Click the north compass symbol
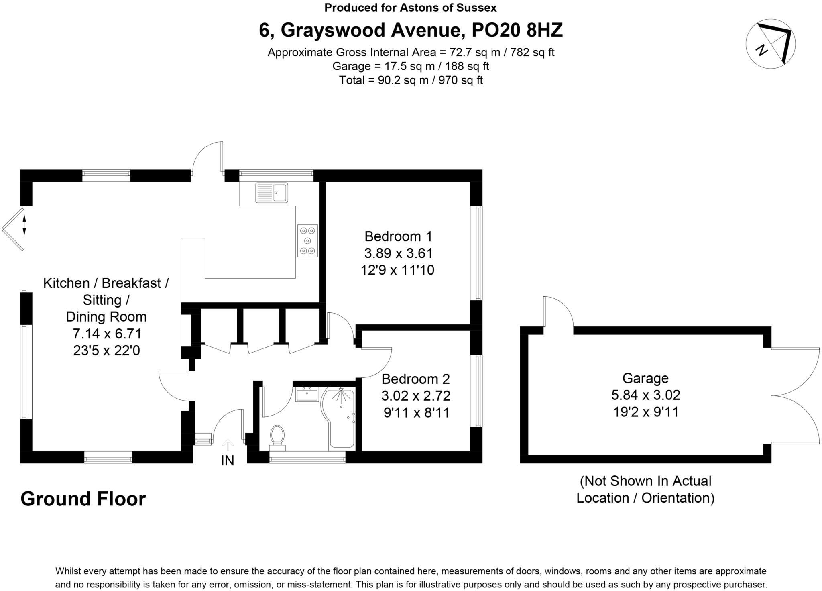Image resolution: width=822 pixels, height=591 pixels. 770,43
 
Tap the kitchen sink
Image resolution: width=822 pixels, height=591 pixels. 272,193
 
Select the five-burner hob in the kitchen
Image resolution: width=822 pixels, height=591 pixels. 307,241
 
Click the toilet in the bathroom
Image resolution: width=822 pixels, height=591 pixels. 277,436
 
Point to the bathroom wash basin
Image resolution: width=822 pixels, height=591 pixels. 307,395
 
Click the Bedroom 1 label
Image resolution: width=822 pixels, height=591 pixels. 398,236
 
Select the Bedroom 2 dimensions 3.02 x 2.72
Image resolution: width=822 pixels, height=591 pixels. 416,396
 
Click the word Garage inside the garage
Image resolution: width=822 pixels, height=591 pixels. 645,378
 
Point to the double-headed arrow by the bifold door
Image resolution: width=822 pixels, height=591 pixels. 24,225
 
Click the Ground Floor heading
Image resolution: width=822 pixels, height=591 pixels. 83,499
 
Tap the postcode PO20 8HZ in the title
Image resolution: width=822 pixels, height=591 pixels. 517,30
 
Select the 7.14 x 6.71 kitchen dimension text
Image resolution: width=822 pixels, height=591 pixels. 107,334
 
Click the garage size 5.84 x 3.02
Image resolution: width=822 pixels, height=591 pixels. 645,395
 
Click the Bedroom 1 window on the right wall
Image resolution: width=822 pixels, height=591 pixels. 478,253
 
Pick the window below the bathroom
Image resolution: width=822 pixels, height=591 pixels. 307,457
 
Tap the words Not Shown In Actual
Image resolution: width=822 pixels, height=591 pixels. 645,481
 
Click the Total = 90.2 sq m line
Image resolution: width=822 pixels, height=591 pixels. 411,80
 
